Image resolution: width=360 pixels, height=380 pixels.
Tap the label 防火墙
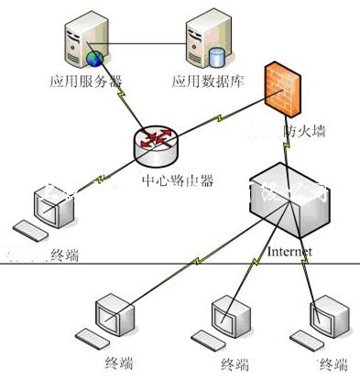coord(304,131)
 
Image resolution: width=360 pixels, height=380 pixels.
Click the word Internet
coord(290,250)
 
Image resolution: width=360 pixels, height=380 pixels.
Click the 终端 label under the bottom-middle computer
coord(234,364)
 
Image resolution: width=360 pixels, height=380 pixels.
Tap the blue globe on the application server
coord(93,58)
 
